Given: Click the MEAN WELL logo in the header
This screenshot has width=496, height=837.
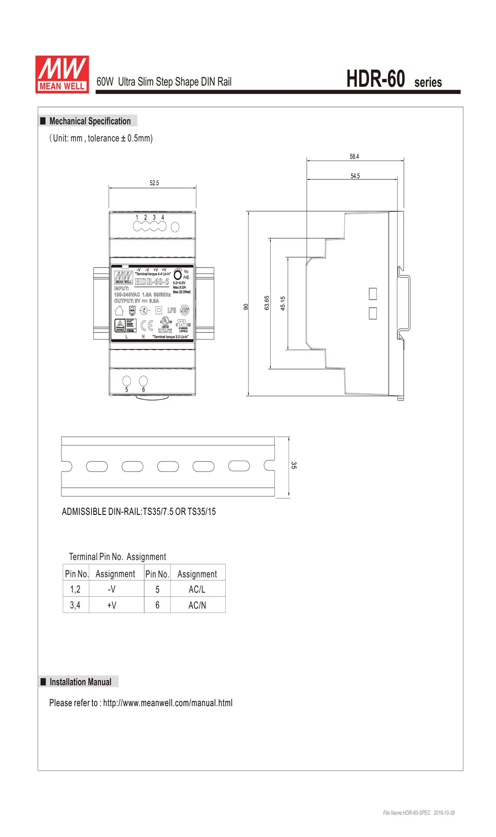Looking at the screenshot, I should tap(62, 74).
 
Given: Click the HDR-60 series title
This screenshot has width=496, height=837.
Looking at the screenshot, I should tap(393, 80).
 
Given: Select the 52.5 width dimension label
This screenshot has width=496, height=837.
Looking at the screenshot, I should tap(154, 183).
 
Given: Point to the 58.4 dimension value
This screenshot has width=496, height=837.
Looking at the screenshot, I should tap(354, 157).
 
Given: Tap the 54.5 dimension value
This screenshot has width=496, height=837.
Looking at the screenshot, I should tap(355, 176).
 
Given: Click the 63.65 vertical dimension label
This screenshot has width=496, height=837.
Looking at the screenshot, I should tap(267, 303).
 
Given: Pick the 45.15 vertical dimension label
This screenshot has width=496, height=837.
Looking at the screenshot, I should tap(283, 303).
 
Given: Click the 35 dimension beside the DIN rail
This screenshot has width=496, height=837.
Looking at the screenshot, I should tap(294, 465).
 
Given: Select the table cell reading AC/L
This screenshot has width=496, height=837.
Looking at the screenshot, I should tap(197, 589).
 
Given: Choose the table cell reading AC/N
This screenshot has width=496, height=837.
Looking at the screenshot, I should tap(197, 605).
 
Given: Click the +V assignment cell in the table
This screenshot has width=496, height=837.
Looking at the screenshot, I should tap(112, 605).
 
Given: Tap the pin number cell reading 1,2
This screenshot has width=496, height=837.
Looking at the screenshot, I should tap(75, 589).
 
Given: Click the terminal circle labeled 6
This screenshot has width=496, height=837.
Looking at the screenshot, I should tap(143, 381).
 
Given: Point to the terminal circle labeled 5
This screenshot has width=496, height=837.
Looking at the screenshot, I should tap(126, 381).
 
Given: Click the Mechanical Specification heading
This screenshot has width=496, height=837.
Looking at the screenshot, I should tap(90, 121).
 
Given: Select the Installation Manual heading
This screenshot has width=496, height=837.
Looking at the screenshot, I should tap(80, 682).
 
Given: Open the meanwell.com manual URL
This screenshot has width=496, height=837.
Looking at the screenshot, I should tap(168, 703).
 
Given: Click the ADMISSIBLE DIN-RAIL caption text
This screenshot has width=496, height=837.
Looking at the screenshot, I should tap(139, 511).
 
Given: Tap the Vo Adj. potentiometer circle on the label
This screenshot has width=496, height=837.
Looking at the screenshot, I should tap(178, 275).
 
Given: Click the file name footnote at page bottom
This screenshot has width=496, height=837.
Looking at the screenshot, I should tap(419, 813).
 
